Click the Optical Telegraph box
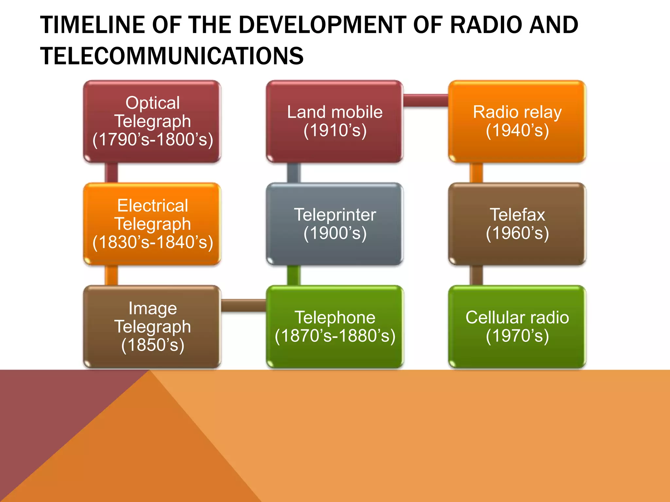pos(152,121)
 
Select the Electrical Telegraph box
pos(152,224)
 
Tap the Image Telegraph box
pos(152,326)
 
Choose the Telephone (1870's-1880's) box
pos(335,326)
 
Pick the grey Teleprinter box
pos(335,224)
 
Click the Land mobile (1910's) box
pos(335,121)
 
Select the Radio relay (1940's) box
pos(517,121)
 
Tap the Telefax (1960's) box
pos(517,224)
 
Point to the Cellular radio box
pos(517,326)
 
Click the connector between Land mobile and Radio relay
pos(425,100)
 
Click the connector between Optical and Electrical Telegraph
pos(111,173)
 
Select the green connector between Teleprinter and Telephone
pos(293,275)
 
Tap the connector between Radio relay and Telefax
pos(476,173)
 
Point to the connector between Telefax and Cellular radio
pos(476,275)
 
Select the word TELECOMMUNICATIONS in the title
pos(172,56)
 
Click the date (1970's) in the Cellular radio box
pos(517,336)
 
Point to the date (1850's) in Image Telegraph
pos(152,345)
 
